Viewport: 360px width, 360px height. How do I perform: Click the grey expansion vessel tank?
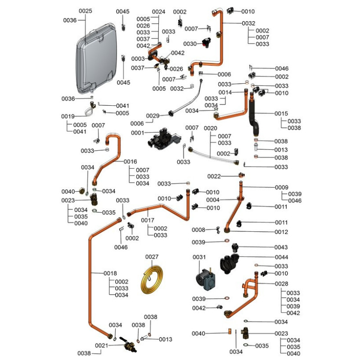click(96, 58)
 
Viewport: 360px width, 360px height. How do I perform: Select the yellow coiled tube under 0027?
click(152, 279)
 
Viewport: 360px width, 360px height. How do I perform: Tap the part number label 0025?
click(85, 11)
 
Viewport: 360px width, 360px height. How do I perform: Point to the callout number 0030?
click(190, 44)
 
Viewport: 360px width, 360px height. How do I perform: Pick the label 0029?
click(153, 116)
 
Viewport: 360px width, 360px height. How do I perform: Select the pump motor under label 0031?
click(206, 279)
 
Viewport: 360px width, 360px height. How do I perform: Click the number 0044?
click(281, 257)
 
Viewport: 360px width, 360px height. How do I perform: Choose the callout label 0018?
click(110, 273)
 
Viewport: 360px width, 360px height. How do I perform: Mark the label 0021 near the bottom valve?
click(102, 345)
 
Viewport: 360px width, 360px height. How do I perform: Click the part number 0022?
click(214, 176)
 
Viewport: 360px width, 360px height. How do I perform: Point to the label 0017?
click(148, 220)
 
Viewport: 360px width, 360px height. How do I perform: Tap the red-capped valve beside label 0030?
click(207, 43)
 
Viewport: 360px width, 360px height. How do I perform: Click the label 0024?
click(159, 12)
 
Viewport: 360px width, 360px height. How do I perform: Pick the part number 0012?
click(281, 232)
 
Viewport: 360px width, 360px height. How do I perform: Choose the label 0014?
click(225, 92)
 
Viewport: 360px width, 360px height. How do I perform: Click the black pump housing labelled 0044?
click(229, 264)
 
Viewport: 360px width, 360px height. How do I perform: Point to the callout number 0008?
click(198, 229)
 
